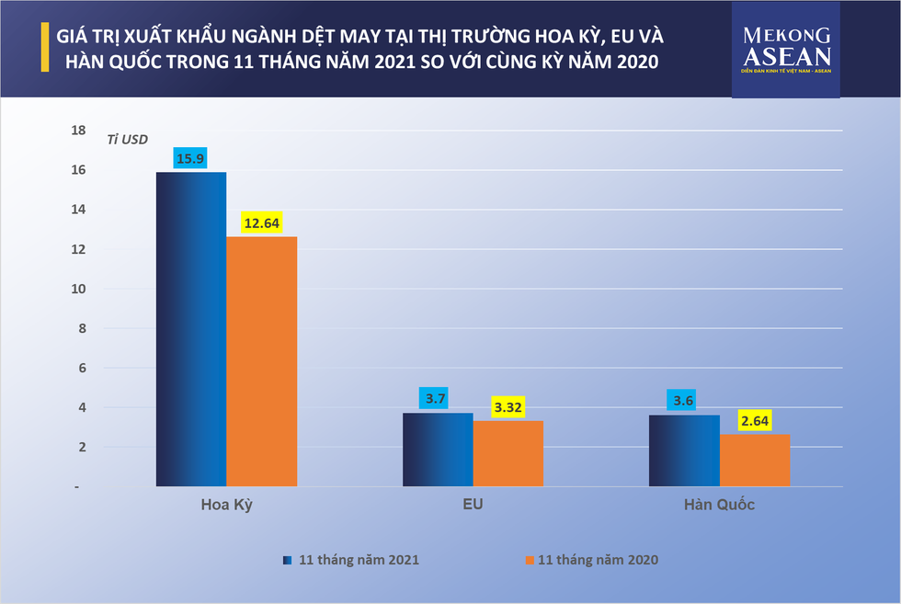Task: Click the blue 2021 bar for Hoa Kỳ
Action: tap(191, 328)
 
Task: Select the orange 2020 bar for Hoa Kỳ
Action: tap(261, 360)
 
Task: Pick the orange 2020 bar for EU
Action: tap(508, 452)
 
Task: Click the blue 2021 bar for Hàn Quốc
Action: tap(684, 450)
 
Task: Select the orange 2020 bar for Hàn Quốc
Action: tap(754, 460)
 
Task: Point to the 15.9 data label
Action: tap(192, 157)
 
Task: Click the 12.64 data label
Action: tap(262, 222)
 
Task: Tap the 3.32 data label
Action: tap(508, 406)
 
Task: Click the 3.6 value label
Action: tap(685, 400)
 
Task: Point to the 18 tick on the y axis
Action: tap(79, 131)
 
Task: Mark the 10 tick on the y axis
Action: tap(79, 289)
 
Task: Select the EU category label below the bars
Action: tap(473, 506)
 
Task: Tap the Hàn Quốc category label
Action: tap(719, 506)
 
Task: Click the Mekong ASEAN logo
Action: tap(786, 51)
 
